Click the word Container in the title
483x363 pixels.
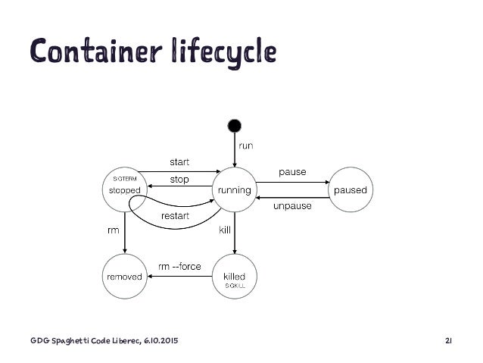(83, 51)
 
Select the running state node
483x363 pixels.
(235, 190)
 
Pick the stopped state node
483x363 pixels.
(124, 189)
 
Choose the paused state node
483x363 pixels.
(349, 190)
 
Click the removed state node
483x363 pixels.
(124, 277)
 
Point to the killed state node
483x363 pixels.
(235, 277)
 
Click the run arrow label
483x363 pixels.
(247, 145)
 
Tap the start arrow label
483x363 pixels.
(179, 161)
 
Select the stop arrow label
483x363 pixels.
(179, 180)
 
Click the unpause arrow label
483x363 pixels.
(291, 206)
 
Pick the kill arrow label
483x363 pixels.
(225, 228)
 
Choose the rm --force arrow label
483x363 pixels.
(179, 266)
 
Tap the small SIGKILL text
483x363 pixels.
(235, 286)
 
